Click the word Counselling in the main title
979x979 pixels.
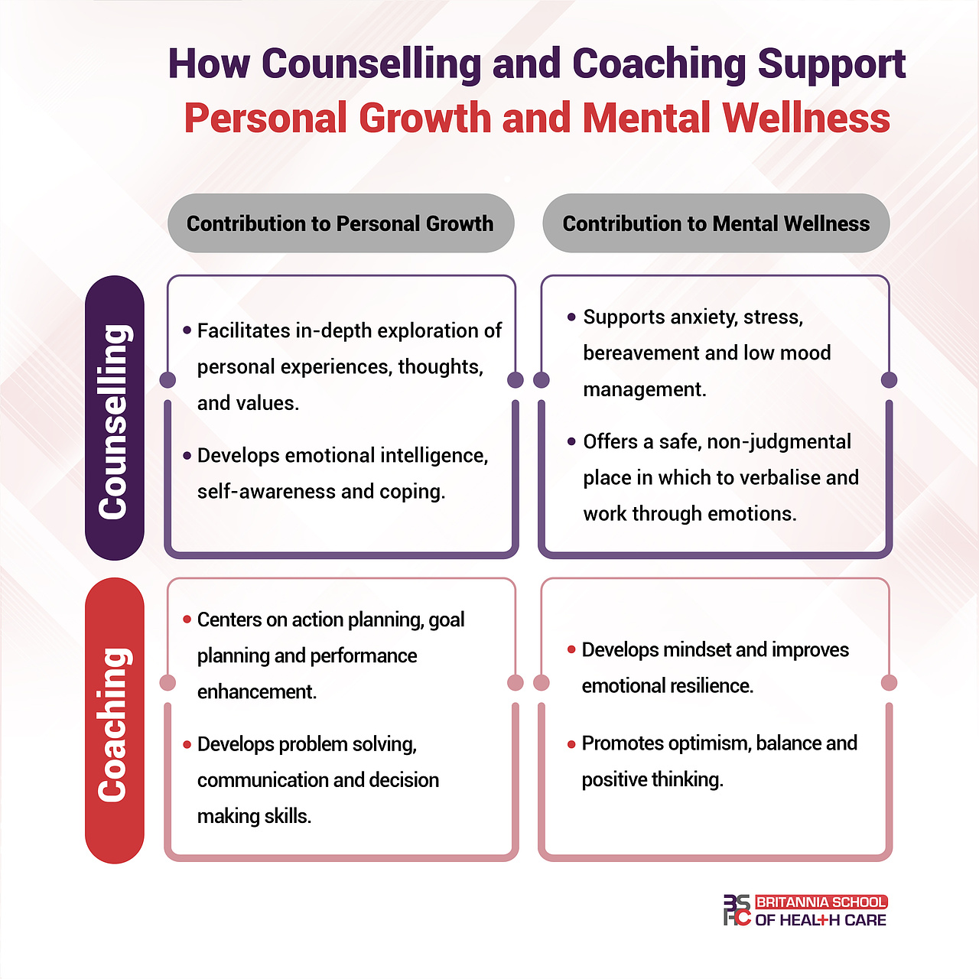pyautogui.click(x=371, y=64)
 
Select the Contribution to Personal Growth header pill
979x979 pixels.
pyautogui.click(x=340, y=223)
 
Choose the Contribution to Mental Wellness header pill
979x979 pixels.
pyautogui.click(x=716, y=223)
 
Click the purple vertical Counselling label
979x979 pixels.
pyautogui.click(x=115, y=418)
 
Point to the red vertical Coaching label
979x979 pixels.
pyautogui.click(x=115, y=720)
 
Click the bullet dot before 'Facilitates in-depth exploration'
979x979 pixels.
pyautogui.click(x=187, y=330)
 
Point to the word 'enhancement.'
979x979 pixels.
pyautogui.click(x=257, y=692)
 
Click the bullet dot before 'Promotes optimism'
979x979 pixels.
pyautogui.click(x=571, y=744)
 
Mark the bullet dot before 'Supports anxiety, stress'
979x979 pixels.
pyautogui.click(x=571, y=317)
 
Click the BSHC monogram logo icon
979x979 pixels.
pyautogui.click(x=737, y=910)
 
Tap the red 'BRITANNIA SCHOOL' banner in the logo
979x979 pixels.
pyautogui.click(x=821, y=903)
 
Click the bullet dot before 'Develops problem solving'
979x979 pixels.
pyautogui.click(x=187, y=744)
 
